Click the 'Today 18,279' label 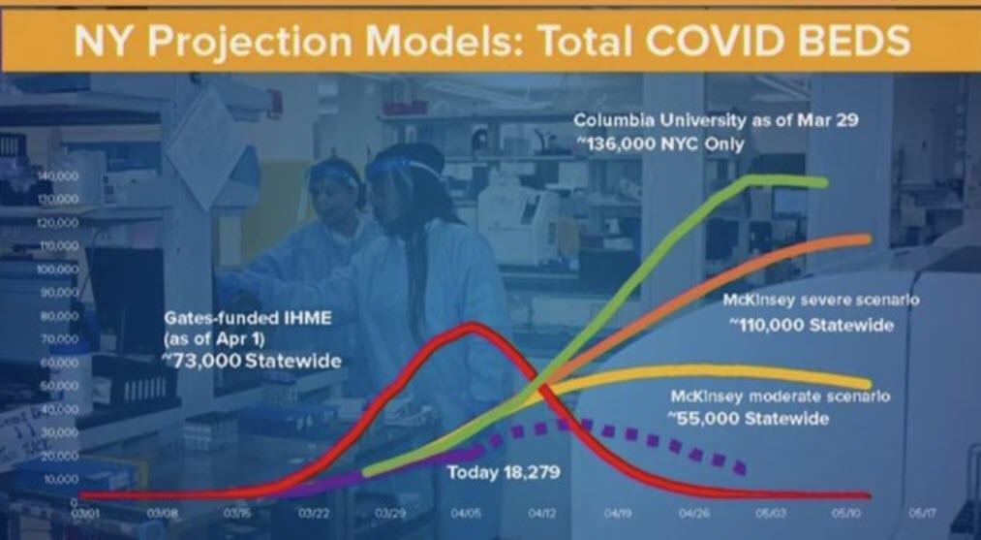pyautogui.click(x=505, y=472)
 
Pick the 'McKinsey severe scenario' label pyautogui.click(x=820, y=301)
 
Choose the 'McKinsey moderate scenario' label pyautogui.click(x=780, y=397)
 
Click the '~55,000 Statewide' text pyautogui.click(x=748, y=419)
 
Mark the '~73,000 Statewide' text pyautogui.click(x=252, y=362)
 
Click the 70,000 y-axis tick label pyautogui.click(x=59, y=339)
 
